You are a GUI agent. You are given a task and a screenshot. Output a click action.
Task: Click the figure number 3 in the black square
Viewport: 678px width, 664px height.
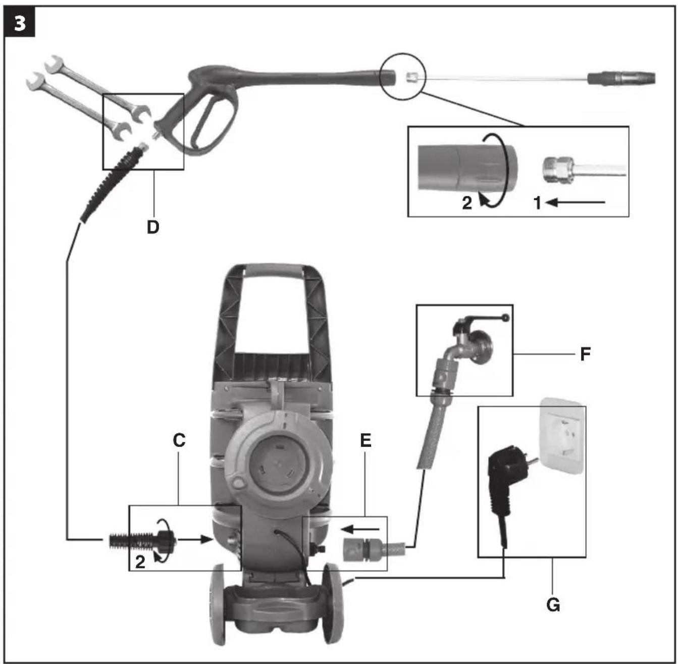tap(20, 24)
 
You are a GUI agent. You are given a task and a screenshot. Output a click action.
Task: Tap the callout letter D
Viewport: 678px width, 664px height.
tap(153, 227)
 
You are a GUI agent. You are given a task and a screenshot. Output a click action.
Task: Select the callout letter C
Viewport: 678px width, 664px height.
tap(179, 440)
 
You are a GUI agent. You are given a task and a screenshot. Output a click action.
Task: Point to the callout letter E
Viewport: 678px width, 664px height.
tap(366, 440)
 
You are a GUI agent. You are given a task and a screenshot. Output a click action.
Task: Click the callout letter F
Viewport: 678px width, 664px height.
tap(585, 354)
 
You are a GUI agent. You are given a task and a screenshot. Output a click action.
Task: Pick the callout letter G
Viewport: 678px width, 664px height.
tap(553, 605)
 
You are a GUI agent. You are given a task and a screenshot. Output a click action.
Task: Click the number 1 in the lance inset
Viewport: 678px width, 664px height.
tap(537, 203)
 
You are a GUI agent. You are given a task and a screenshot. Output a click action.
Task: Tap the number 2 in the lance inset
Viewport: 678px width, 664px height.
tap(467, 203)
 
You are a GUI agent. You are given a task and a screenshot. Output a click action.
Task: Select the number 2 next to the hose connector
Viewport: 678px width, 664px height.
tap(140, 562)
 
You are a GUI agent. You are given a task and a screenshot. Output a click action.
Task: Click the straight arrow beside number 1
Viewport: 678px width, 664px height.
tap(576, 202)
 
